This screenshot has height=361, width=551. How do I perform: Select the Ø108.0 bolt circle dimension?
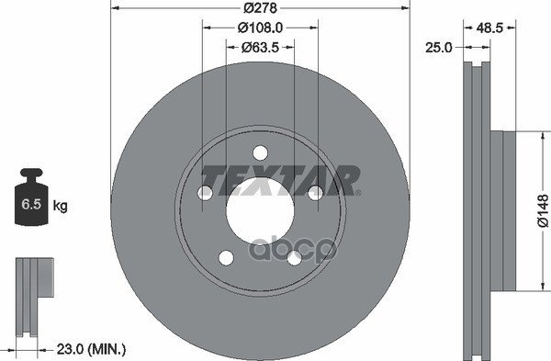click(x=260, y=29)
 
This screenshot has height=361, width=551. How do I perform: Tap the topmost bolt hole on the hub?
click(x=259, y=152)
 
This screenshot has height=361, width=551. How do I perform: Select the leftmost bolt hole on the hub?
click(x=205, y=192)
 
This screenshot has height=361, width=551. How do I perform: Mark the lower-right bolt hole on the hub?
click(x=293, y=258)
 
